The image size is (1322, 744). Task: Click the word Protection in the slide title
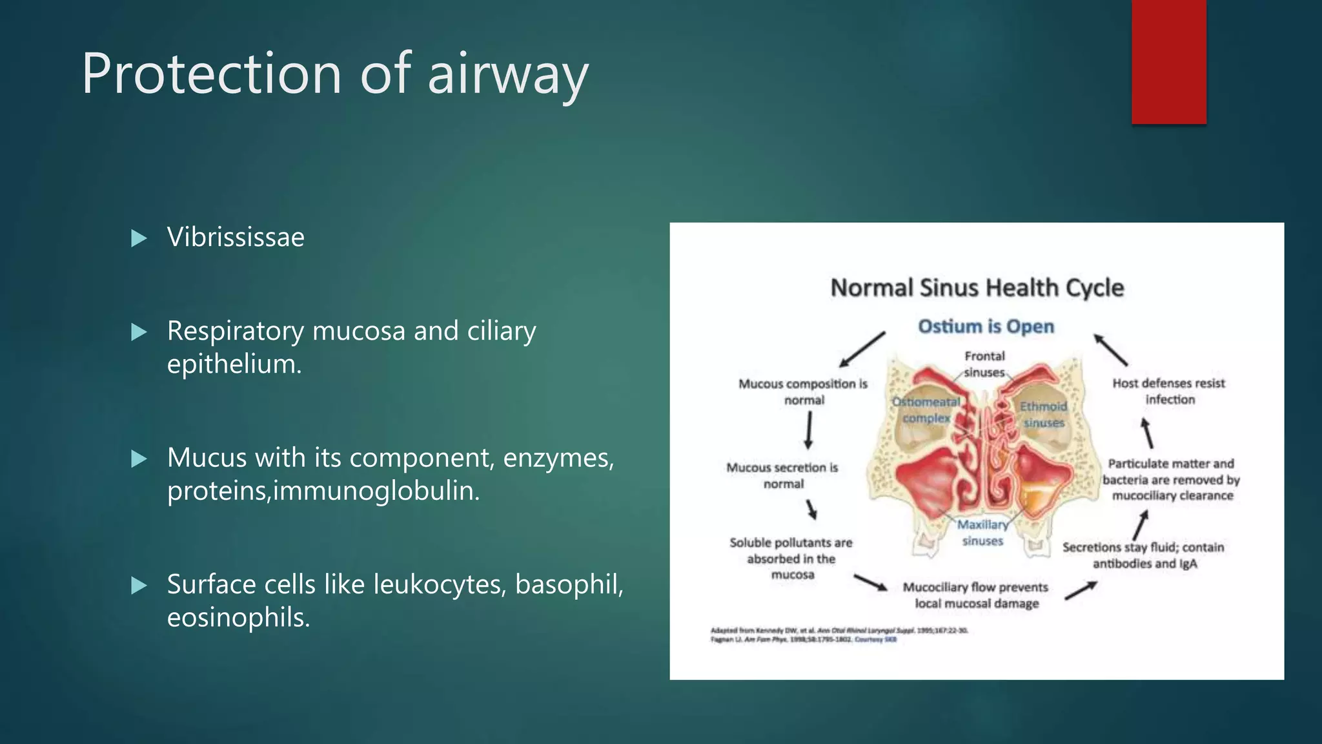click(211, 74)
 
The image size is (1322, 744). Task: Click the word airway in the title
click(508, 74)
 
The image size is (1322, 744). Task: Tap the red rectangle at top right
click(1168, 61)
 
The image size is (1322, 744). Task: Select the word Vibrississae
click(236, 237)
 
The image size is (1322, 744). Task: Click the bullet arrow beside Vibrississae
click(139, 238)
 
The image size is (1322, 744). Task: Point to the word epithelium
click(234, 364)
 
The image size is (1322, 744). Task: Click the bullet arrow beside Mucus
click(139, 459)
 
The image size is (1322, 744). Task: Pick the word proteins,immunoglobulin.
click(323, 491)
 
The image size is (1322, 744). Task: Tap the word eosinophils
click(238, 617)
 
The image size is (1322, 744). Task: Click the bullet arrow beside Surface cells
click(139, 586)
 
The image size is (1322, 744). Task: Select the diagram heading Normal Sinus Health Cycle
click(977, 287)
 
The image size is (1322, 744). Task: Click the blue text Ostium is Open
click(986, 327)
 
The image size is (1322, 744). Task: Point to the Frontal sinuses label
click(984, 364)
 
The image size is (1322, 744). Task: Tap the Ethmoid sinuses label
click(1043, 414)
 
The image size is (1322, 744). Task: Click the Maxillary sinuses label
click(982, 533)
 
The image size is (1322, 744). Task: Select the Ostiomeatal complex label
click(926, 409)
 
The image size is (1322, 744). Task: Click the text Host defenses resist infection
click(1169, 391)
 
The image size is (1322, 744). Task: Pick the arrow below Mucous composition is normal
click(808, 430)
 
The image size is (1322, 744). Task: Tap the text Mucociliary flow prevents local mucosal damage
click(975, 595)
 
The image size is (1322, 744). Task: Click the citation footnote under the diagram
click(839, 634)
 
